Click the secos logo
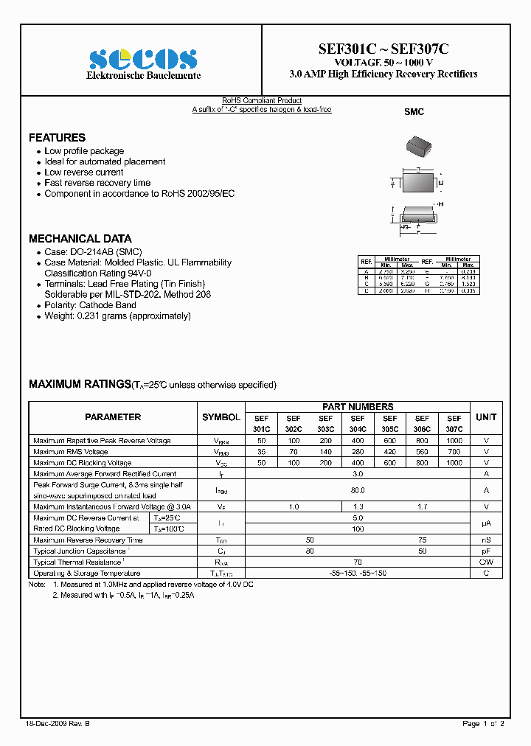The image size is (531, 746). tap(143, 59)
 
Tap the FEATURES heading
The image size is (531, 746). tap(57, 138)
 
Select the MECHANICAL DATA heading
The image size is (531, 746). tap(80, 239)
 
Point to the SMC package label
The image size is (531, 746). tap(414, 112)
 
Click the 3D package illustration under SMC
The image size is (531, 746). tap(417, 145)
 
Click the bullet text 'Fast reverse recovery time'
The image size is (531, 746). tap(97, 183)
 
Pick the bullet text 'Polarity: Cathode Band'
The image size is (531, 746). tap(90, 305)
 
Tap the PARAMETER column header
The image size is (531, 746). tap(113, 417)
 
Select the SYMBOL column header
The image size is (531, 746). tap(221, 417)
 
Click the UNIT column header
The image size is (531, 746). tap(486, 417)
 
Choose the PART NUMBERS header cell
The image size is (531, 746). tap(358, 407)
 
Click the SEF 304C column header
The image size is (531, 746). tap(358, 423)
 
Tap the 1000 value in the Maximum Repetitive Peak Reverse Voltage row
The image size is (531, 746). tap(454, 441)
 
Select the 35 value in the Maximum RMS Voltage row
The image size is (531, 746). tap(261, 452)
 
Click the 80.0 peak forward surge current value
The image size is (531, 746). tap(358, 490)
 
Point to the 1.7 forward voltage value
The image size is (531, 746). tap(422, 507)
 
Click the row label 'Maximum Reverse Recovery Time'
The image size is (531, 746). tap(88, 540)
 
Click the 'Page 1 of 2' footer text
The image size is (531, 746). tap(483, 724)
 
